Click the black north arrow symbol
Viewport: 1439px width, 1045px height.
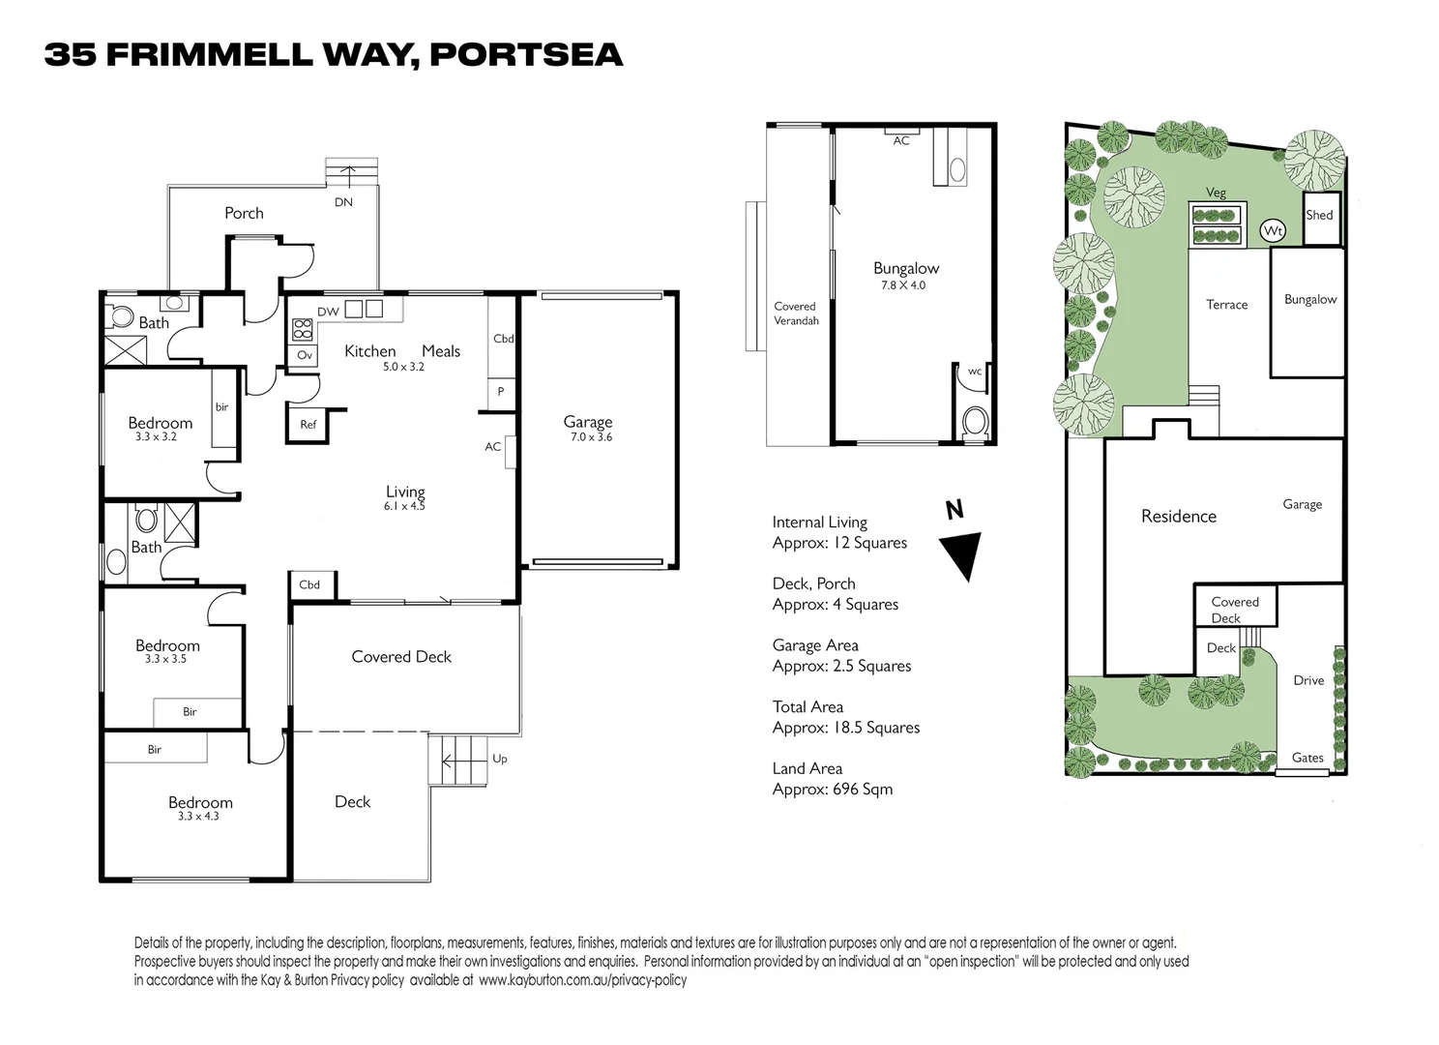[961, 554]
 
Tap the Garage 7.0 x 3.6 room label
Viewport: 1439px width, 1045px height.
[588, 428]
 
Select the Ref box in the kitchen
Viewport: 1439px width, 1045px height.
[308, 424]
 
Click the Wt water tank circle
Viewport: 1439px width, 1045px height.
[1273, 231]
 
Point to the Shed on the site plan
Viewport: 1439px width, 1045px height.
[1319, 216]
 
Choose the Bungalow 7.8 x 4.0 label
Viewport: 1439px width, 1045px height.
[905, 275]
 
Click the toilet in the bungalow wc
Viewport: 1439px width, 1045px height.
[976, 422]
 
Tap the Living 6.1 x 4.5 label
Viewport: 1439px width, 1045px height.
[404, 497]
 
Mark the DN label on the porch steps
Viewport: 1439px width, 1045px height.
[343, 202]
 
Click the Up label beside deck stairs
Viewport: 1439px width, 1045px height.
[499, 759]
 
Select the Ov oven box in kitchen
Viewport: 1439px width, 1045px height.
[304, 355]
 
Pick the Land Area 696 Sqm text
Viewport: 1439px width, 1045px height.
[832, 779]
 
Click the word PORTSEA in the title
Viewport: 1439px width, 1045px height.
[525, 55]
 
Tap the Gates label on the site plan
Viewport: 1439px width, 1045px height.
[1307, 758]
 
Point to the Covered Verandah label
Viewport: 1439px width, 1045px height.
[796, 313]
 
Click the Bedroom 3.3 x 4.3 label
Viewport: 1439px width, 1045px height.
[199, 808]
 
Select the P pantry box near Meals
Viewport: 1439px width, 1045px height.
[500, 392]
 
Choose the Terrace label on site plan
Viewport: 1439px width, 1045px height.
[1226, 305]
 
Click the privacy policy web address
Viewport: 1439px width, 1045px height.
[582, 980]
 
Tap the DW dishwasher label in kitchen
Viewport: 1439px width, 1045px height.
[328, 312]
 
